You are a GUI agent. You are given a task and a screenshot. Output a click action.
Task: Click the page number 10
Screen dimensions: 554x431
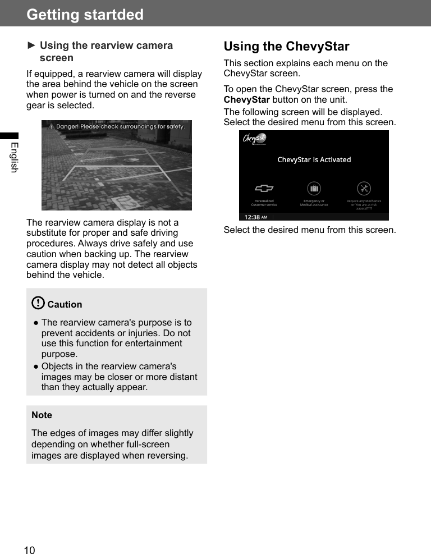tap(29, 550)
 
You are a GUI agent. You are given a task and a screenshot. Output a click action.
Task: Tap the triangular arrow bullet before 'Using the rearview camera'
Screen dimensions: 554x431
tap(31, 45)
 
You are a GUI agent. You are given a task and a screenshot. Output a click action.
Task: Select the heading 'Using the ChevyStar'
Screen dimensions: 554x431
tap(286, 46)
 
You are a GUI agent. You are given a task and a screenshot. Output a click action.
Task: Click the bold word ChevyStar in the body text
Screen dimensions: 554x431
tap(246, 100)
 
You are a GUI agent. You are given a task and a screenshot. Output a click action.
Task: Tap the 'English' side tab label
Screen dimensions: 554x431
tap(14, 158)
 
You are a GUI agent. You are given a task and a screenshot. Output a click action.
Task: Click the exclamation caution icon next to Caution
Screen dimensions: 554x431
tap(38, 304)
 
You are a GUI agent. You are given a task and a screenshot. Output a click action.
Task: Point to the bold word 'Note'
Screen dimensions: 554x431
tap(42, 415)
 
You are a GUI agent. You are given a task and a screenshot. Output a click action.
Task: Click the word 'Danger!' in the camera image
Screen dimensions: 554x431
tap(67, 126)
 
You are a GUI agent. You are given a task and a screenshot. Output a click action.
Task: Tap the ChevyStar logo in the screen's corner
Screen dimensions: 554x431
tap(254, 139)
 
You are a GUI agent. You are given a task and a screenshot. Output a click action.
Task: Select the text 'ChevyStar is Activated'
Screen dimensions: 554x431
tap(314, 159)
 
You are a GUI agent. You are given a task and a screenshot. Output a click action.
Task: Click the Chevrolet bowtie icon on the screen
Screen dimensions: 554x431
tap(264, 189)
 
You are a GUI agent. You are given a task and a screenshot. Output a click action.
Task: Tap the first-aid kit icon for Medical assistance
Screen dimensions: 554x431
tap(314, 189)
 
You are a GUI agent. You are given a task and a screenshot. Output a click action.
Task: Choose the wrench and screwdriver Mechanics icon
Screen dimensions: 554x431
tap(364, 189)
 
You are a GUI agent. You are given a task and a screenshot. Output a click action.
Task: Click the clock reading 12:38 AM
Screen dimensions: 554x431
tap(255, 217)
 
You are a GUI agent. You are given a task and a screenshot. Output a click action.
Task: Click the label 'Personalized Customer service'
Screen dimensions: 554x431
tap(264, 203)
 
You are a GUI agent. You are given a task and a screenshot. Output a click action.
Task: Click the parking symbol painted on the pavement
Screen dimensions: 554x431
tap(127, 203)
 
